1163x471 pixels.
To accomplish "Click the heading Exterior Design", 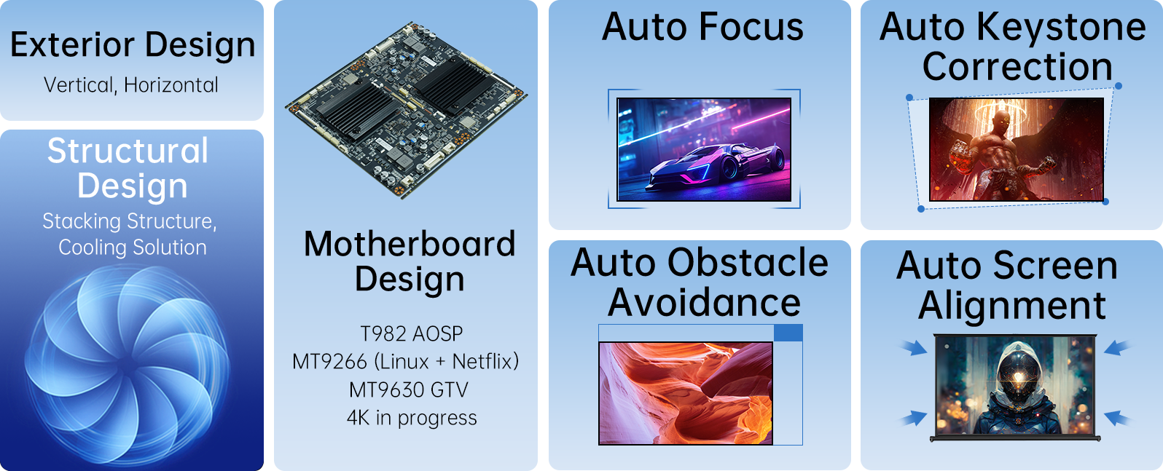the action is [x=133, y=44].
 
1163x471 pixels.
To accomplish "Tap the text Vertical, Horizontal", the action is [x=131, y=85].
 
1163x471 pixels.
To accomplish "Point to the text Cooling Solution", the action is [x=133, y=247].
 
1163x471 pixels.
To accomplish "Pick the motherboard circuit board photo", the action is [x=406, y=109].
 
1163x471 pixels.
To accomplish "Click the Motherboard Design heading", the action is [x=409, y=261].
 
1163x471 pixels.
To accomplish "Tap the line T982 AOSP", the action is [x=411, y=333].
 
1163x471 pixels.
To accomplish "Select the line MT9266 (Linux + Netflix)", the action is [x=405, y=362].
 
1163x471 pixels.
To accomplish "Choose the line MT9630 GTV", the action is [x=409, y=389].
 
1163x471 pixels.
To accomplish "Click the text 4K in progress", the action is [x=411, y=418].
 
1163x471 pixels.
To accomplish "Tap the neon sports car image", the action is [x=704, y=149].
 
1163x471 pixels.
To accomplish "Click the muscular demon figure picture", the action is [x=1016, y=149].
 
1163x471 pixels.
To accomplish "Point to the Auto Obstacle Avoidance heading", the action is [x=700, y=282].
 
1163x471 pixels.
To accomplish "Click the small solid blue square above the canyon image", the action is [x=788, y=333].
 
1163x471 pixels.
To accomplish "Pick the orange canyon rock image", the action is [x=686, y=393].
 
